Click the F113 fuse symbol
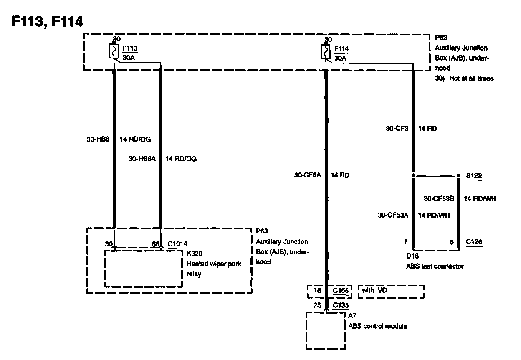point(113,51)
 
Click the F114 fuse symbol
point(325,51)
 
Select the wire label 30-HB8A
point(142,159)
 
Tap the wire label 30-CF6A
point(308,175)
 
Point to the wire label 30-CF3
point(397,129)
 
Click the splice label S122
point(474,176)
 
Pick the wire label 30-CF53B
point(439,198)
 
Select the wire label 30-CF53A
point(393,215)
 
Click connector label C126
point(474,242)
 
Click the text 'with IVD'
point(374,290)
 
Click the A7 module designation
point(352,316)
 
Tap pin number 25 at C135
point(317,305)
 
